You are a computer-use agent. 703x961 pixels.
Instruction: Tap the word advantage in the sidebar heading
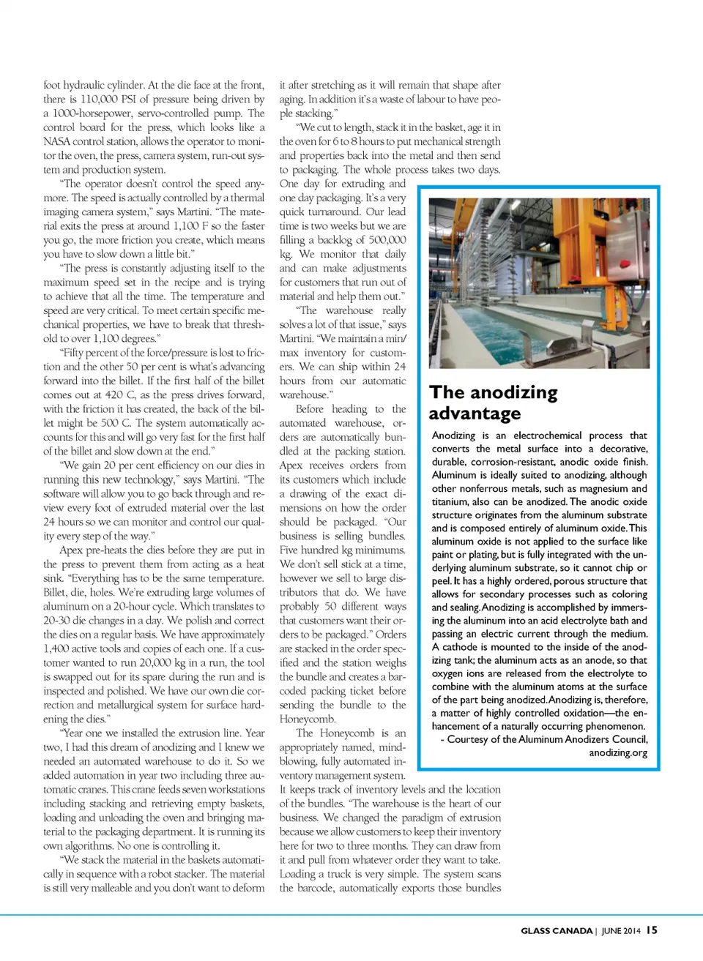[x=475, y=414]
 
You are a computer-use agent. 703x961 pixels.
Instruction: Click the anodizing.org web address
[x=618, y=752]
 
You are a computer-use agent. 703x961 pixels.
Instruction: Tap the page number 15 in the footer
[x=652, y=930]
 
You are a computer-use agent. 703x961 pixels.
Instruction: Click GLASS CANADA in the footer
[x=557, y=931]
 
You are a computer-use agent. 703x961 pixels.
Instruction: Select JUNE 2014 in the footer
[x=621, y=931]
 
